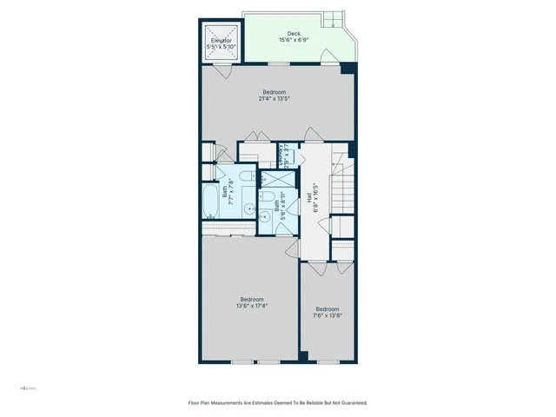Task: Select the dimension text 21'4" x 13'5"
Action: coord(274,98)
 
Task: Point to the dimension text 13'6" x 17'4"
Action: coord(251,305)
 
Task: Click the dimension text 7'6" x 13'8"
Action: coord(327,316)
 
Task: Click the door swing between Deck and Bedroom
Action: coord(326,57)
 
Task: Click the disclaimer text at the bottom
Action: coord(278,402)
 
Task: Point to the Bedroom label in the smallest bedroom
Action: coord(327,309)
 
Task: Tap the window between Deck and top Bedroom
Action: coord(278,64)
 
